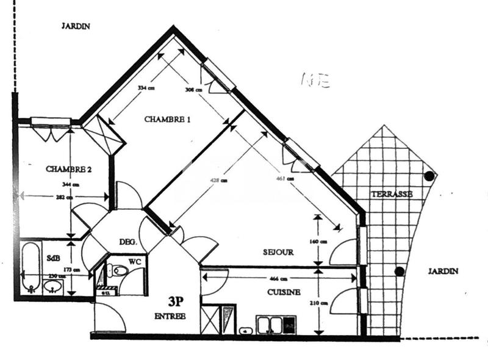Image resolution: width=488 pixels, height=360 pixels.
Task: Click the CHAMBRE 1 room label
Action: tap(167, 120)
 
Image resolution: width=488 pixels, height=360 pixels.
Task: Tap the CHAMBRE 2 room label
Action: tap(68, 169)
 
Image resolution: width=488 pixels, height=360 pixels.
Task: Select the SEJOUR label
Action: tap(279, 252)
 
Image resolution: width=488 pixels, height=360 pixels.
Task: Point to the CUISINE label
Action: tap(284, 292)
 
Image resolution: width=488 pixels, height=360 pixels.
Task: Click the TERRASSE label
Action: tap(392, 194)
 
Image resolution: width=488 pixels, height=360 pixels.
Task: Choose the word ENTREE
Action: tap(170, 316)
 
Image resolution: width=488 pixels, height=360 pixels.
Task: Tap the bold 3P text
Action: tap(177, 301)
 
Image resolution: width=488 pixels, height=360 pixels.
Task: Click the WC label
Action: tap(136, 262)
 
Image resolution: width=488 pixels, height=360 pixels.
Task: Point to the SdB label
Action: tap(53, 259)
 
